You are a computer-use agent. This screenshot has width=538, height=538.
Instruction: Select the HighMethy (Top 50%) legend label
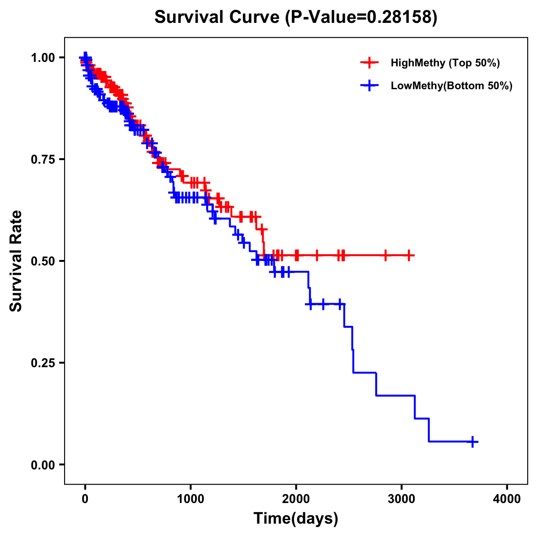coord(445,63)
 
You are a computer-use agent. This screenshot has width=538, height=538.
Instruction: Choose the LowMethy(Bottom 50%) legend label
coord(451,86)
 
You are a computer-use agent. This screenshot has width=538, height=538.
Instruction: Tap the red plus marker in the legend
coord(369,63)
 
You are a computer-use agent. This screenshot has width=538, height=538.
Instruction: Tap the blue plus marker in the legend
coord(369,86)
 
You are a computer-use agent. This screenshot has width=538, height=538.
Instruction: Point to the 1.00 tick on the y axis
coord(42,57)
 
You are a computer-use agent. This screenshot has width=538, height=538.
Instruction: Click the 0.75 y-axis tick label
coord(42,159)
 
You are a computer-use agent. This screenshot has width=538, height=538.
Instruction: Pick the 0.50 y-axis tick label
coord(42,261)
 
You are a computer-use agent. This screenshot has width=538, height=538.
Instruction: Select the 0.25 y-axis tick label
coord(42,363)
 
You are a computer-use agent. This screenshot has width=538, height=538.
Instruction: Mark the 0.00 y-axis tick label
coord(42,464)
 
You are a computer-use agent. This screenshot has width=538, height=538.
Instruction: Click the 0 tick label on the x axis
coord(85,499)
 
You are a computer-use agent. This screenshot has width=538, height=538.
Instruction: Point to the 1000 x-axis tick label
coord(191,499)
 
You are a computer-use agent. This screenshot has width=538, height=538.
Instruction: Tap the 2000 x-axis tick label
coord(296,499)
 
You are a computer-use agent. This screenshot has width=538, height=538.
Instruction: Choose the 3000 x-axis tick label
coord(402,499)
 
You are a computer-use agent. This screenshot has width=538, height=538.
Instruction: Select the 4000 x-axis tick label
coord(507,499)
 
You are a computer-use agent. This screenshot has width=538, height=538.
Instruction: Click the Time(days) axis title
coord(296,519)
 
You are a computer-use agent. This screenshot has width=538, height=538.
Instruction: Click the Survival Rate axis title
coord(16,260)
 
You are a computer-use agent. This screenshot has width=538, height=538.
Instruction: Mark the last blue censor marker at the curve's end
coord(472,442)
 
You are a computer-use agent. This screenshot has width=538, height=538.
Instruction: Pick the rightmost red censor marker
coord(408,255)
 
